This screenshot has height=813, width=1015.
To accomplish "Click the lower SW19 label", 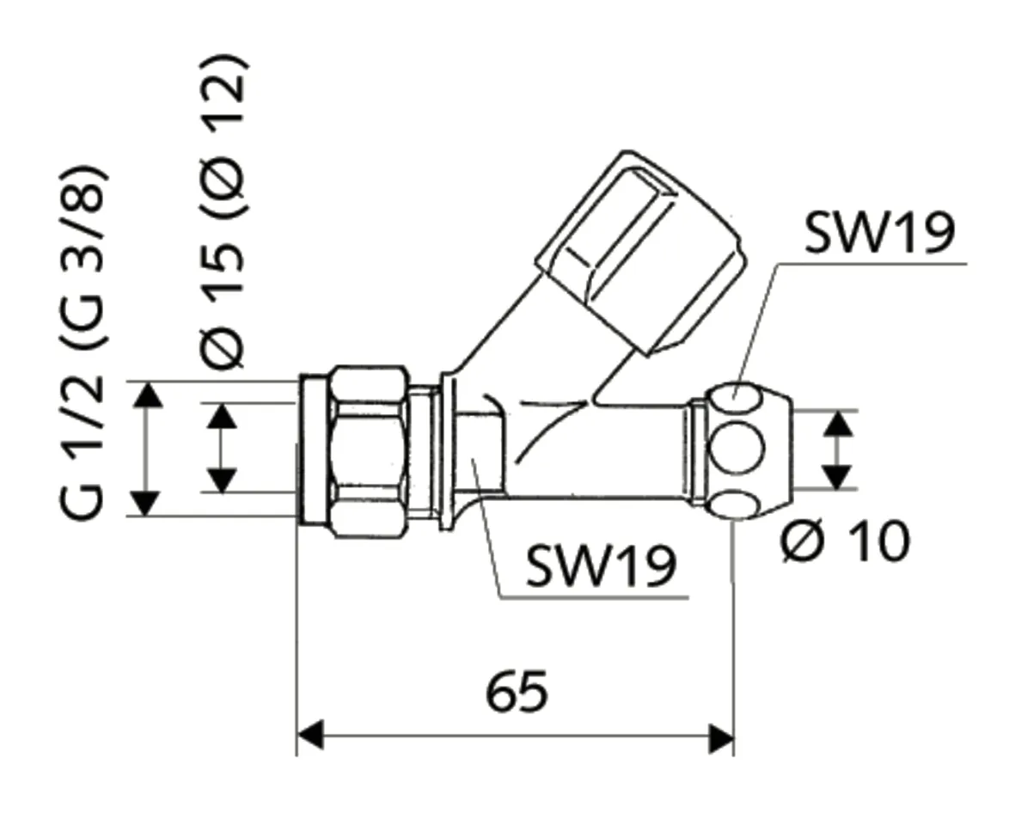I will point(601,564).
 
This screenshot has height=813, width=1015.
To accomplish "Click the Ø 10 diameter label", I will point(846,541).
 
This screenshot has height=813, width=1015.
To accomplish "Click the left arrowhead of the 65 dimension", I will point(310,737).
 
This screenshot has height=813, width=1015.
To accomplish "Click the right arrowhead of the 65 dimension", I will point(721,737).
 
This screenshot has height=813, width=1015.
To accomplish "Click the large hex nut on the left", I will point(368,451).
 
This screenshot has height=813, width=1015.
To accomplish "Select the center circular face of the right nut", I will point(737,449).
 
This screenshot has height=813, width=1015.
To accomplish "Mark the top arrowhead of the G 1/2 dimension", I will point(149,395).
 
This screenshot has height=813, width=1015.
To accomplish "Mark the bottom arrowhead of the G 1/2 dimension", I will point(149,502).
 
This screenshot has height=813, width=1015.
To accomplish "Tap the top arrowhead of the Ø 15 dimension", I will point(223,417).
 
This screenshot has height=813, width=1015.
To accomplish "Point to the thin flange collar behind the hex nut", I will point(446,451).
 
